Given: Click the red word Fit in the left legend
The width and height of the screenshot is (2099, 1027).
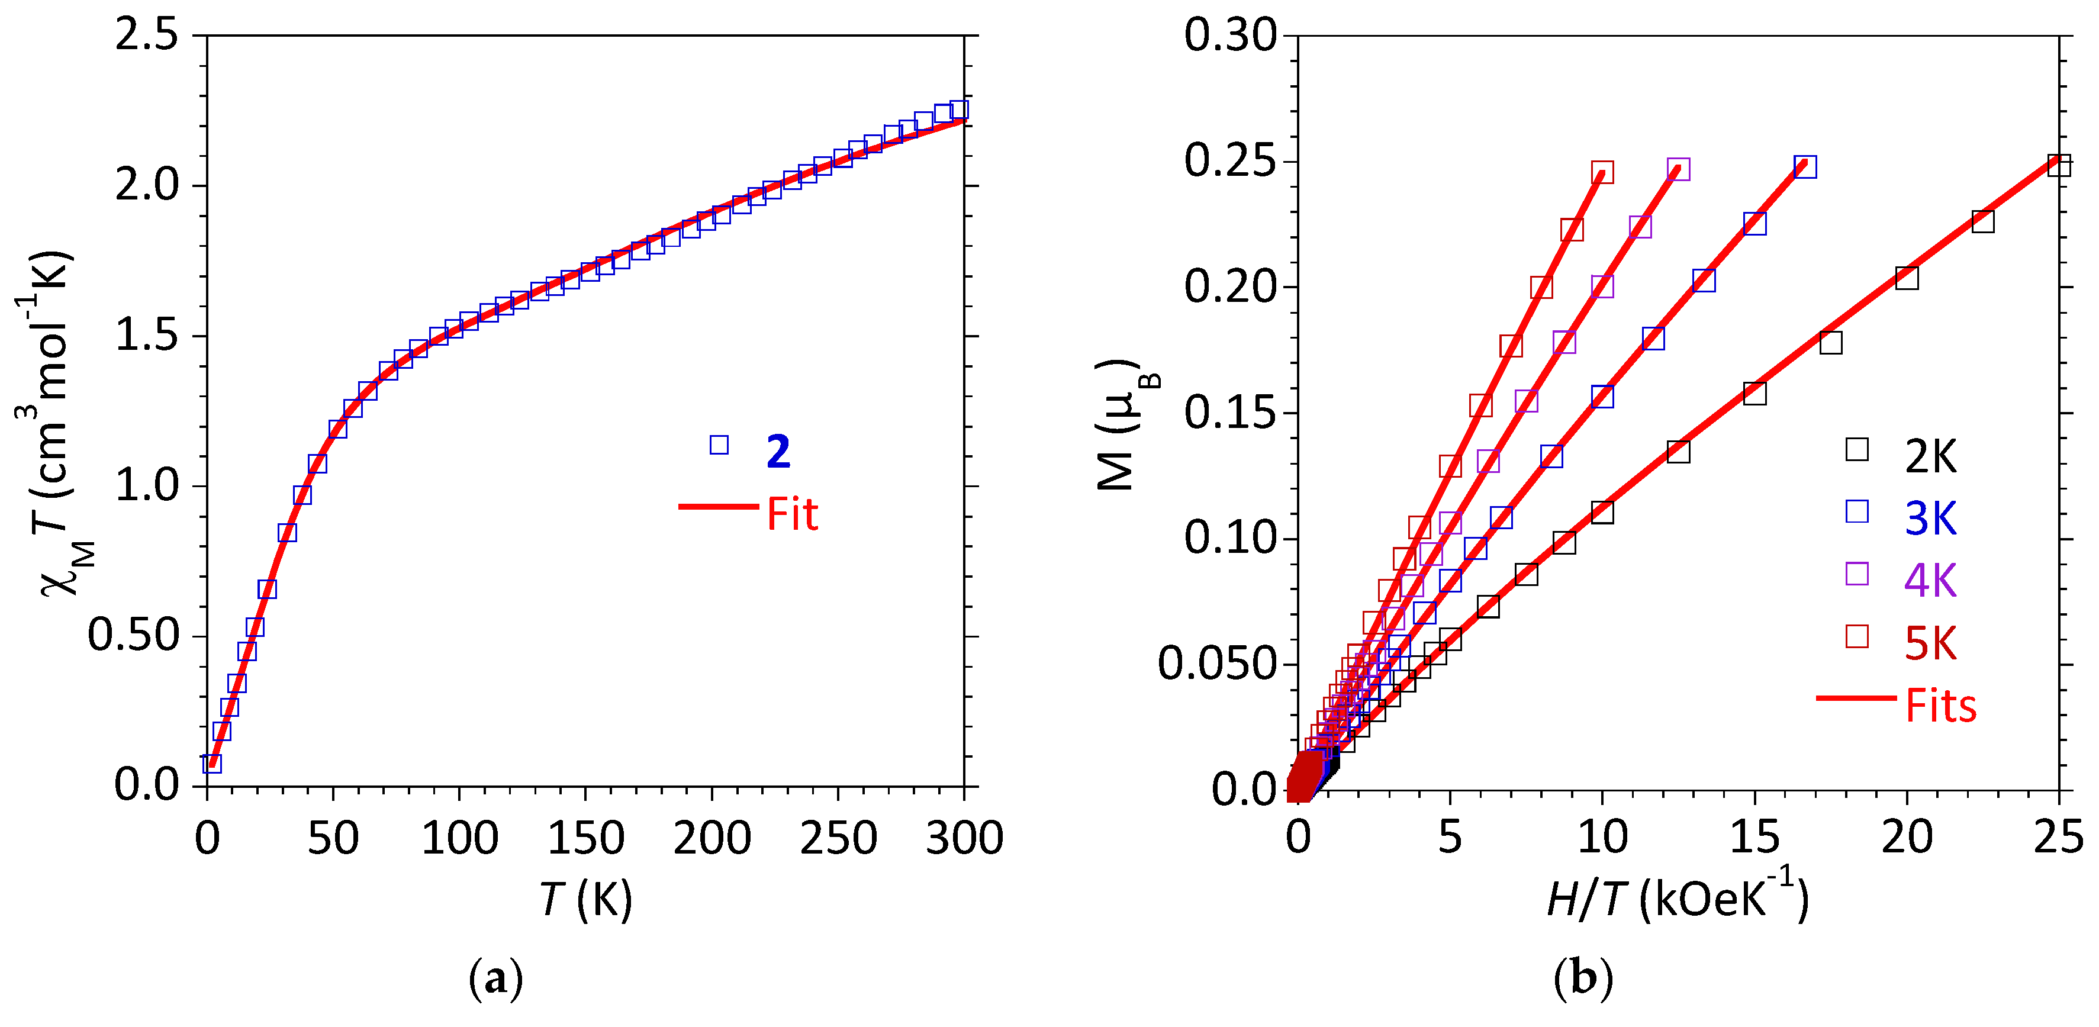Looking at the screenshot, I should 792,514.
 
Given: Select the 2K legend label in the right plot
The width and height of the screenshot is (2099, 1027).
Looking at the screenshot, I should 1930,456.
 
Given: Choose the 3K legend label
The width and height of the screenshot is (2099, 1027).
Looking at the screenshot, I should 1930,519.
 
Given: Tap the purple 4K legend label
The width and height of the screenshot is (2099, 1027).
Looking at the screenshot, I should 1930,580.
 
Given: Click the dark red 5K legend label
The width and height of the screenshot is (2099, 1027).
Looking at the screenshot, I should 1930,644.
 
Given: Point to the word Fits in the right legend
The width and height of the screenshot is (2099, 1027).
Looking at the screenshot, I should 1940,706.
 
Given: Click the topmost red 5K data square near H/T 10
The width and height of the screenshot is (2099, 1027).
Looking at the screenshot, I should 1602,173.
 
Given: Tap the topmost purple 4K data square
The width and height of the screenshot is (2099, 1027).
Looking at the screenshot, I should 1678,169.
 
